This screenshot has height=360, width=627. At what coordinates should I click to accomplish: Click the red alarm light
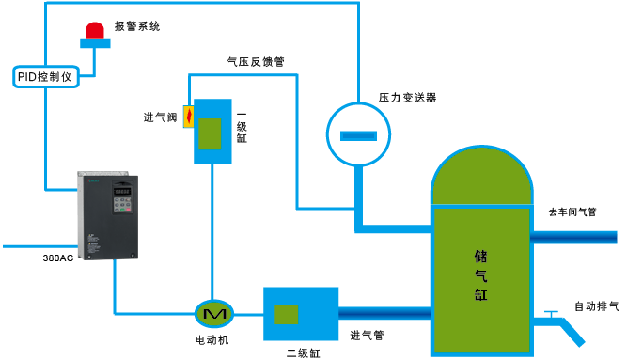point(95,33)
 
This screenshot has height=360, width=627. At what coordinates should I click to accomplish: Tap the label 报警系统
point(136,26)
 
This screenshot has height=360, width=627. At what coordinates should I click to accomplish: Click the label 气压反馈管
point(256,61)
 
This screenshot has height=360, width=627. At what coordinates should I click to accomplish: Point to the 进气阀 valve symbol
point(188,117)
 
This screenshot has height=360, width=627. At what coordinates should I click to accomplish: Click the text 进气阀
point(160,117)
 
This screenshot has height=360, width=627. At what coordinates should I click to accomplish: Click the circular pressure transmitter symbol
point(358,133)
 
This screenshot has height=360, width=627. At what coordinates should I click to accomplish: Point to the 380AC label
point(58,258)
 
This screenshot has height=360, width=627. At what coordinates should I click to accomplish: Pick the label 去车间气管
point(572,212)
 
